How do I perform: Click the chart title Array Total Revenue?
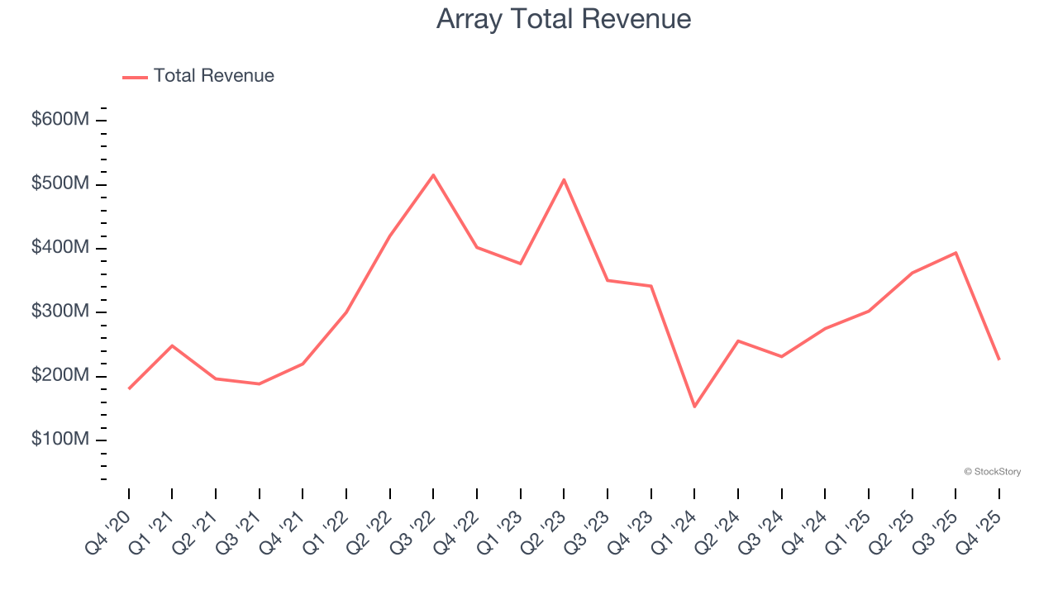point(564,19)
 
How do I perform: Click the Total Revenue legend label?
point(213,76)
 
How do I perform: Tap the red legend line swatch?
point(135,77)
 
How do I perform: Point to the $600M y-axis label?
point(60,120)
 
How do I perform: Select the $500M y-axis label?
point(60,183)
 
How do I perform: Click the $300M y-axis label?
point(60,312)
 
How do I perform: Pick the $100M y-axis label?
point(60,440)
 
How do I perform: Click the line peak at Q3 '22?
point(433,175)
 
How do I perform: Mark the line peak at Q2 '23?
point(564,179)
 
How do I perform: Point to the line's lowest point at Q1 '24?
point(694,407)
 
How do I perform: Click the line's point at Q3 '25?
point(956,253)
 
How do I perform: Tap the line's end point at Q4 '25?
point(998,359)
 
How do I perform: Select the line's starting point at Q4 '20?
point(129,388)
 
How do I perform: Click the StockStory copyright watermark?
point(992,472)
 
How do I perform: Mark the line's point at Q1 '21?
point(172,345)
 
